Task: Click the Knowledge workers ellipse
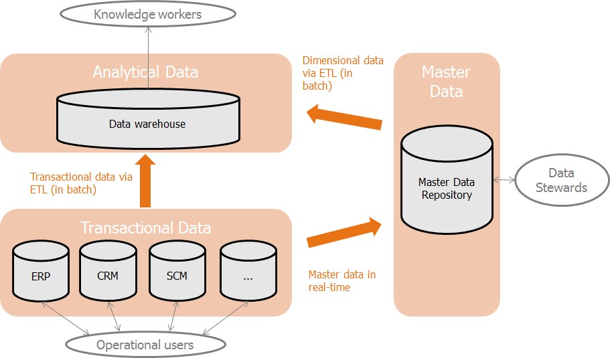point(147,14)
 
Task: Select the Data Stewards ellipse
point(562,181)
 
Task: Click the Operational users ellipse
point(145,345)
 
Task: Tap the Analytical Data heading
point(145,72)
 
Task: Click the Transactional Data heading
point(145,228)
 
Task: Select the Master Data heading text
point(446,82)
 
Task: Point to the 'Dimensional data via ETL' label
point(343,73)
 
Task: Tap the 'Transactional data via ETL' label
point(81,183)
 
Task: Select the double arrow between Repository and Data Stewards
point(503,180)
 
